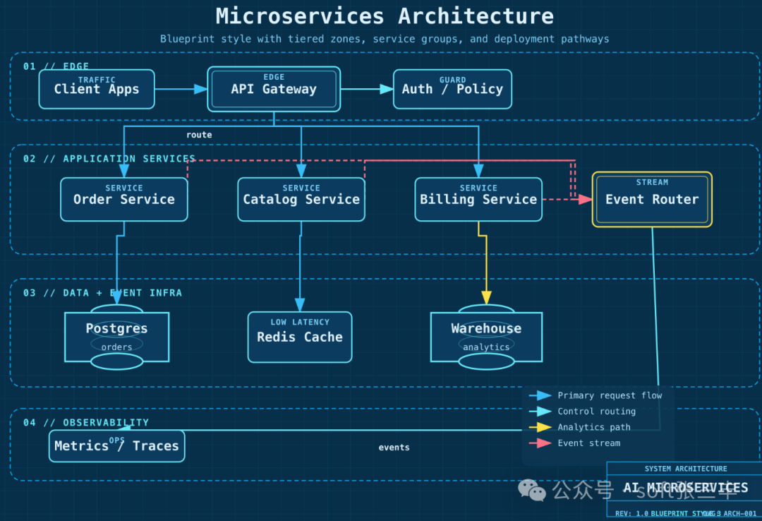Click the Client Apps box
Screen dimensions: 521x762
(x=97, y=89)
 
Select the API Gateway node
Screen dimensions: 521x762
(x=274, y=89)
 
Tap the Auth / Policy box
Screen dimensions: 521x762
(x=452, y=89)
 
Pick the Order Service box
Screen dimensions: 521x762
(x=124, y=199)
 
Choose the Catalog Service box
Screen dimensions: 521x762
(x=301, y=199)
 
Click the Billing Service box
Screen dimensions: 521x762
(x=478, y=199)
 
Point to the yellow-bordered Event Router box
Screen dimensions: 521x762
(x=652, y=199)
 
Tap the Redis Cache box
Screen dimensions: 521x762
(x=300, y=337)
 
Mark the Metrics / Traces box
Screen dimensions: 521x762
(x=116, y=446)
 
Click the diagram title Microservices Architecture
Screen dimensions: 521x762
(x=385, y=16)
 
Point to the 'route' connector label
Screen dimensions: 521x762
(x=199, y=135)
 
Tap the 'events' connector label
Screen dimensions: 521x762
(x=394, y=448)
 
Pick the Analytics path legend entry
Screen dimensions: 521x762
(x=593, y=427)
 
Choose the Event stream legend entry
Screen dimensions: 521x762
(x=588, y=443)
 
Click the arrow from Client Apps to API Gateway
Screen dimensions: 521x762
(x=181, y=89)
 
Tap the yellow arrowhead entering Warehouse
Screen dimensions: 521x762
(x=486, y=298)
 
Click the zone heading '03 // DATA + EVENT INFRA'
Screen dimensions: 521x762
(x=102, y=292)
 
